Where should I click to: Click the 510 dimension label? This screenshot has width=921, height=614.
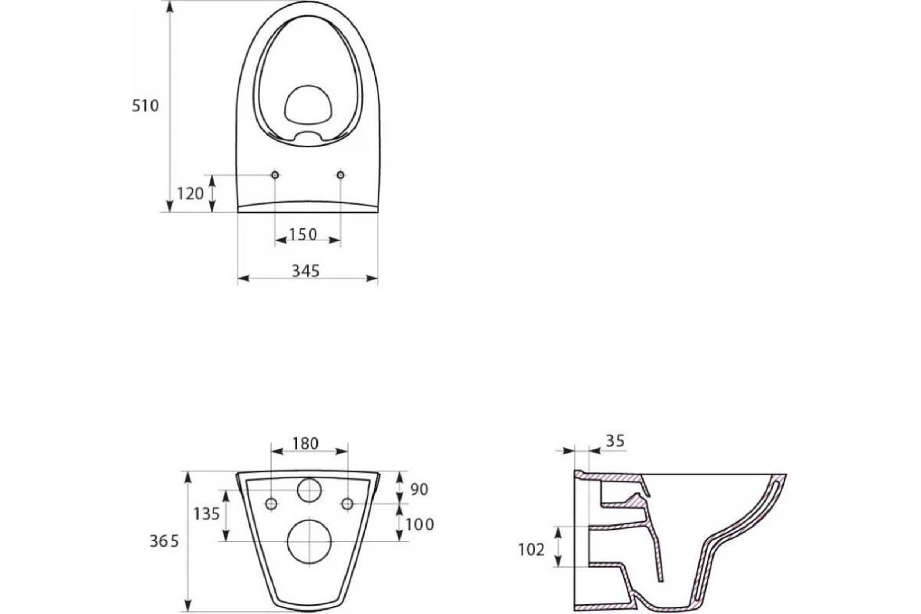pos(145,106)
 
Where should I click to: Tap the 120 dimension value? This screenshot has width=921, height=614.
pos(190,193)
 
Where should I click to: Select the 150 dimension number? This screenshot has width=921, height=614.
pos(302,234)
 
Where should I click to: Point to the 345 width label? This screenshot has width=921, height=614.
pos(306,271)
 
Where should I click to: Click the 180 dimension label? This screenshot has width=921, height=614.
pos(306,443)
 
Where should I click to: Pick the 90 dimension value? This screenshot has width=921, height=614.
pos(419,489)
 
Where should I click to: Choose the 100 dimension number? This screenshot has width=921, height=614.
pos(419,525)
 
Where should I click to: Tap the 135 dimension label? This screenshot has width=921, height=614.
pos(207,514)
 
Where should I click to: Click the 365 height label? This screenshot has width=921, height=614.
pos(164,541)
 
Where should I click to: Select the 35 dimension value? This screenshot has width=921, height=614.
pos(615,441)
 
